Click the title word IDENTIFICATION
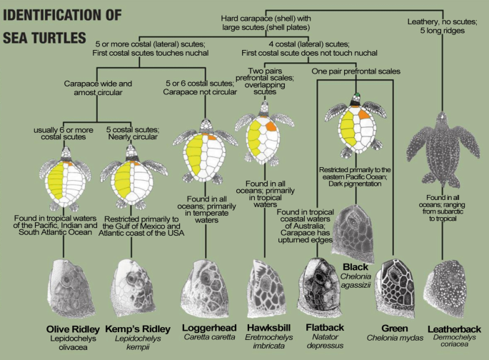pos(60,16)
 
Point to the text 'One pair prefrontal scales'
pos(354,72)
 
